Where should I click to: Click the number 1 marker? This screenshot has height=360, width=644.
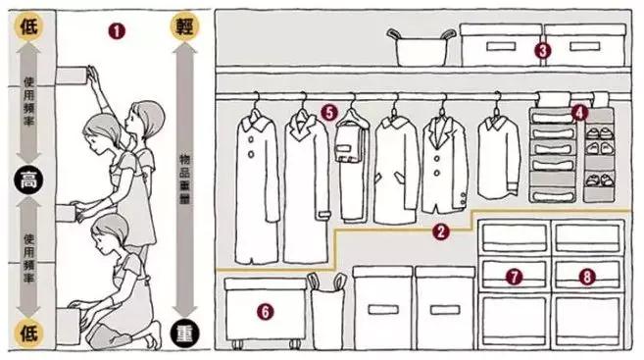click(117, 31)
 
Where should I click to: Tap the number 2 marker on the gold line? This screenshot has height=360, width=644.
click(441, 231)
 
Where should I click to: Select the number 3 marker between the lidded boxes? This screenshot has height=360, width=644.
click(543, 51)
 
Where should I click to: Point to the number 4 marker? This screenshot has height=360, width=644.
click(579, 112)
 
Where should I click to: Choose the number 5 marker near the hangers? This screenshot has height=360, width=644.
click(329, 112)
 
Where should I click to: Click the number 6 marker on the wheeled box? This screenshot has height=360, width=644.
click(266, 312)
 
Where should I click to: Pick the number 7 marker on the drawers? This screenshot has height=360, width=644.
click(514, 277)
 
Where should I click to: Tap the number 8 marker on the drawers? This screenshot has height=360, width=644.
click(587, 277)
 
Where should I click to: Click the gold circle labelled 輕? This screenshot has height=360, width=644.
click(185, 26)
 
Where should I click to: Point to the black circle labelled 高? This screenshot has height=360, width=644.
click(28, 180)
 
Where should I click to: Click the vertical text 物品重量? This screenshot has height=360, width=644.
click(185, 180)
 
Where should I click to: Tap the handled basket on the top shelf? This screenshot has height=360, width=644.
click(421, 47)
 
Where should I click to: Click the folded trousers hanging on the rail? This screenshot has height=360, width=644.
click(352, 165)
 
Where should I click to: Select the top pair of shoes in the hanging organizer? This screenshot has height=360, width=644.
click(599, 133)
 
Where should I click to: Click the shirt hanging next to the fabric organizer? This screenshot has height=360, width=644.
click(498, 156)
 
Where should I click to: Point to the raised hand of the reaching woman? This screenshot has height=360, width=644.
click(93, 74)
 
